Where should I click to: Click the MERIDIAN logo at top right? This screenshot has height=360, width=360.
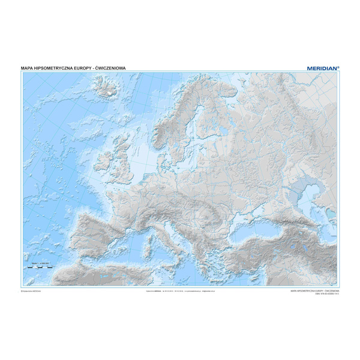(322, 68)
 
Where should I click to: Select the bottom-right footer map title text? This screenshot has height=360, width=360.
(314, 289)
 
